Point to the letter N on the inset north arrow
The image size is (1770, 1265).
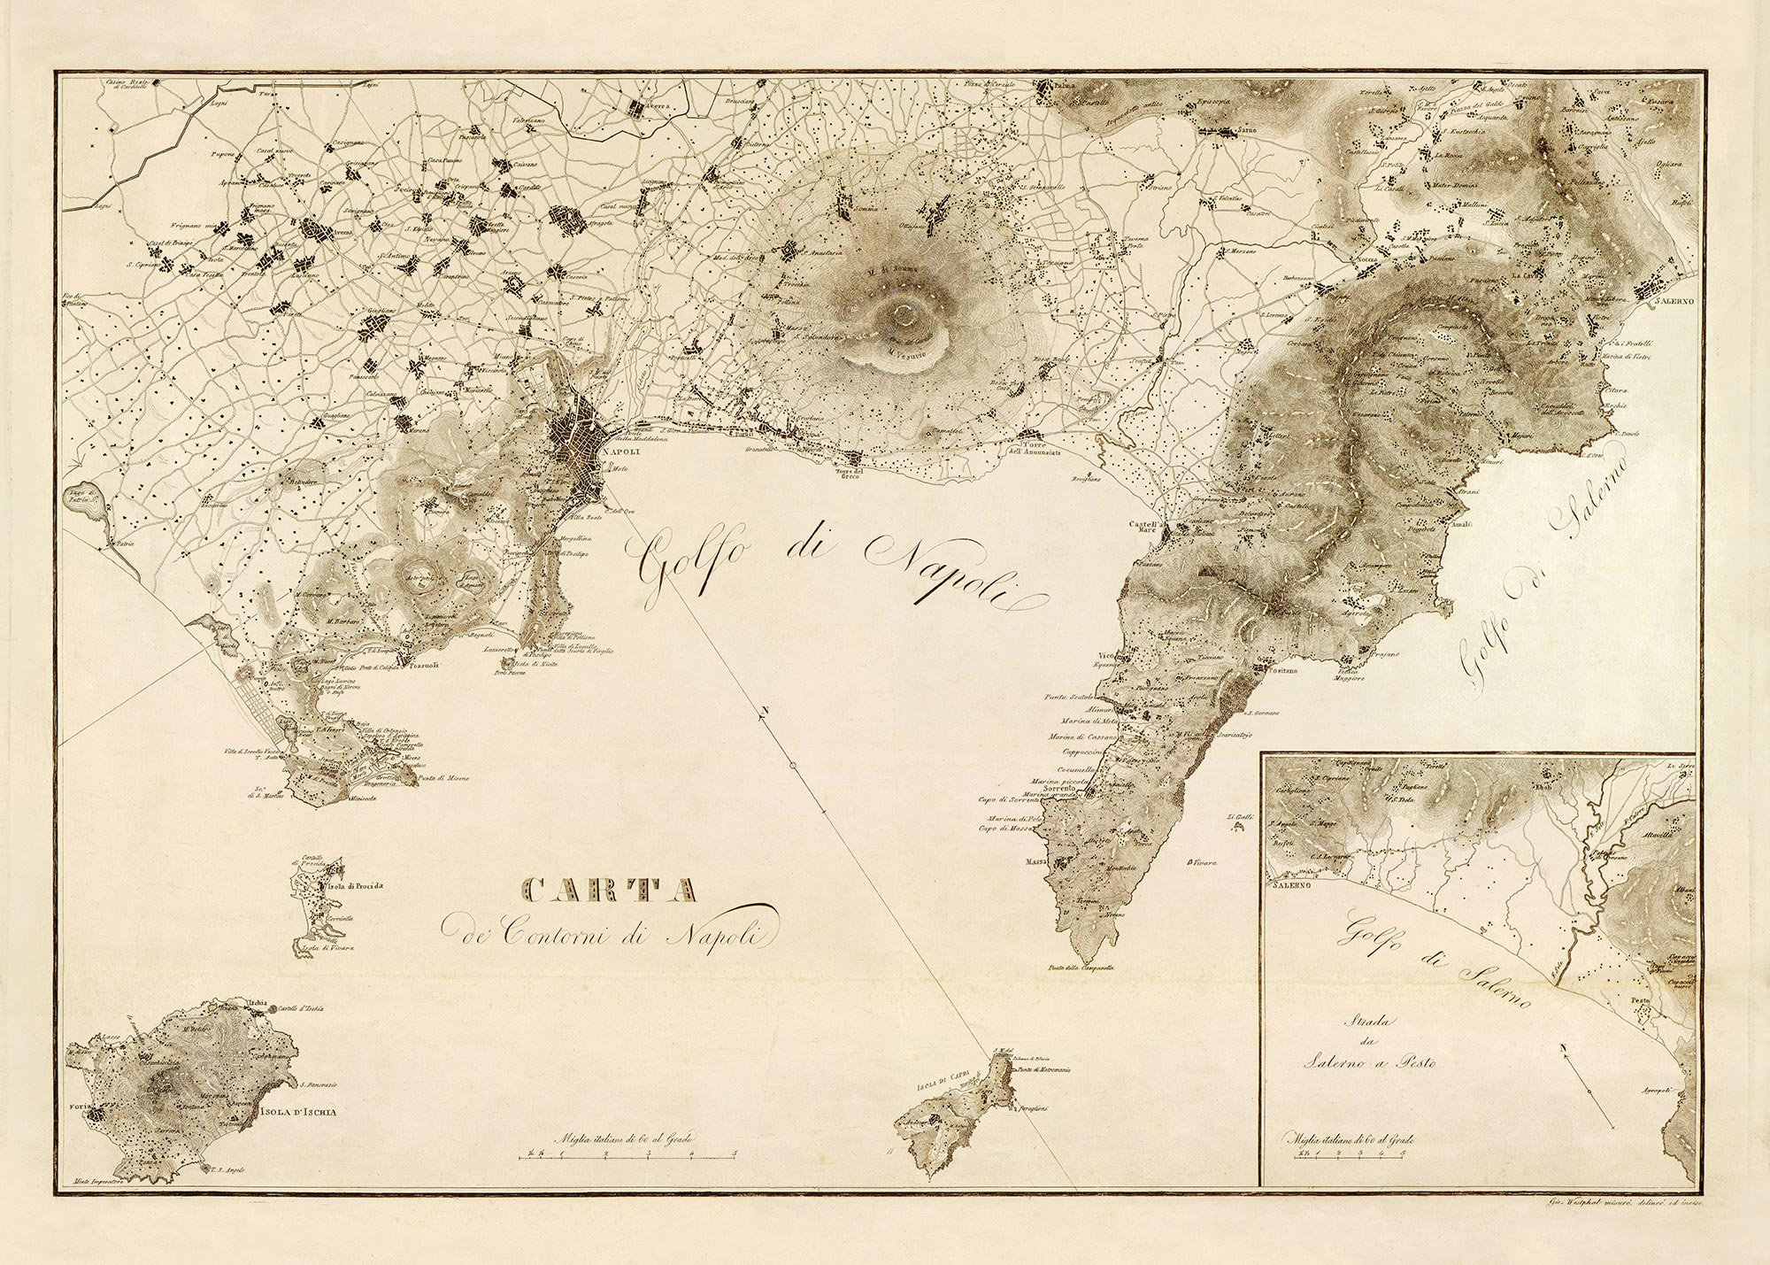[1566, 1050]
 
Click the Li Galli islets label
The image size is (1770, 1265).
[1237, 817]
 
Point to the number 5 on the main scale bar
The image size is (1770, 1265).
[736, 1153]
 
